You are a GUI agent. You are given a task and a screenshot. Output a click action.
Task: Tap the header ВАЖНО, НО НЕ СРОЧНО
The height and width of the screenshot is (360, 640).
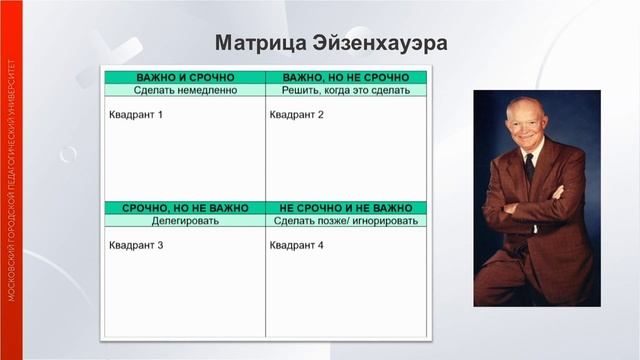click(x=346, y=77)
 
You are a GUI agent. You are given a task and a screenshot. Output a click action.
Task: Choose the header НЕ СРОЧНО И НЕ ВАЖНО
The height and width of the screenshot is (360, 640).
click(x=346, y=208)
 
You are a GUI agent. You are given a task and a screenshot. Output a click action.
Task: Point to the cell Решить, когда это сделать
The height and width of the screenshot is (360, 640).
click(x=346, y=90)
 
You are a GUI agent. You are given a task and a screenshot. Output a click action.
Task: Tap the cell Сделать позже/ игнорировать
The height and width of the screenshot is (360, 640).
click(x=346, y=221)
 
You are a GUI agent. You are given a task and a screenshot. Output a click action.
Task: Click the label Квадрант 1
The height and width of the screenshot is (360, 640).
click(x=135, y=115)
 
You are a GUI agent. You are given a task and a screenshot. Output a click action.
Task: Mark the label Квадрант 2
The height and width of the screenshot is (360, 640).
click(x=297, y=115)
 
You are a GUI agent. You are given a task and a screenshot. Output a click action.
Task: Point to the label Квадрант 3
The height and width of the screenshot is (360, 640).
click(x=135, y=245)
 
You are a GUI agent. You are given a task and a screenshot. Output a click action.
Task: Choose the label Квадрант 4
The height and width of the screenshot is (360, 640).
click(x=297, y=245)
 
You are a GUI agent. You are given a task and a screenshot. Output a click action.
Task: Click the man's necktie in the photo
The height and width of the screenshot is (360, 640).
click(x=529, y=167)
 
